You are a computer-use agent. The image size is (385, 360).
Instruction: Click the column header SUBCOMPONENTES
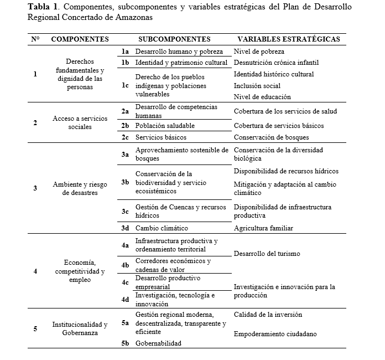[174, 39]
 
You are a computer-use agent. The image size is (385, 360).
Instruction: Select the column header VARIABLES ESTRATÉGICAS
[288, 39]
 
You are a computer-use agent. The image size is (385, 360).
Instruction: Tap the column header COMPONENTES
[80, 39]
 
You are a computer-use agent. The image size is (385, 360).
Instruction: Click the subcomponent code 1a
[126, 52]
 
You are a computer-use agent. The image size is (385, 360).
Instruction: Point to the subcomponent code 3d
[126, 228]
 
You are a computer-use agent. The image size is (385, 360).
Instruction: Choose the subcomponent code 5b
[126, 343]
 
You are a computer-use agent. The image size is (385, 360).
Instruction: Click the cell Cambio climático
[162, 228]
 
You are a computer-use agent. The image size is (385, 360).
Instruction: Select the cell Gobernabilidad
[158, 343]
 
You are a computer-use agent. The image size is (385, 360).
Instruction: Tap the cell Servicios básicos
[161, 137]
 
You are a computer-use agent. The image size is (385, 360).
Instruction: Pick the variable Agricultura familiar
[263, 228]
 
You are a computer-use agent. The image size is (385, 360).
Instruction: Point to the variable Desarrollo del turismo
[267, 254]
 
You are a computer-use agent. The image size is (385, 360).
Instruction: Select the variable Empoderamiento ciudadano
[275, 334]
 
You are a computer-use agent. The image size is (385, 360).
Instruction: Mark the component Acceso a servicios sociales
[80, 122]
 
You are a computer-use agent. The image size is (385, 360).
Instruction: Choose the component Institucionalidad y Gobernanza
[80, 328]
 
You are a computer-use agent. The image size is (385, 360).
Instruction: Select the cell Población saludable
[165, 126]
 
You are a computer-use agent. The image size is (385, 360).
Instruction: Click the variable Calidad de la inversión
[268, 315]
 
